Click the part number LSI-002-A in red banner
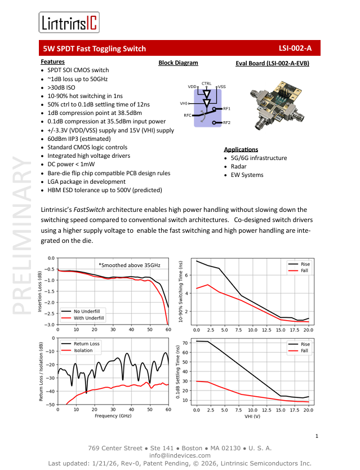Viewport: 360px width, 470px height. click(x=295, y=48)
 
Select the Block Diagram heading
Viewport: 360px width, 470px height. click(x=178, y=63)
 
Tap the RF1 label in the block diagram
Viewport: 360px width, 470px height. click(x=227, y=108)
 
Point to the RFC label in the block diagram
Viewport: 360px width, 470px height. click(x=187, y=115)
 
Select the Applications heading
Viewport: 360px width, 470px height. click(x=241, y=149)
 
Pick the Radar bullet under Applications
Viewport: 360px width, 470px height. click(x=239, y=167)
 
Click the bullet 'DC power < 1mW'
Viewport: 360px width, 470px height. click(x=75, y=164)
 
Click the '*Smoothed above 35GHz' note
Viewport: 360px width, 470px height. click(x=129, y=264)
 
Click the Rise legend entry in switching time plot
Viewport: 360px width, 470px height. click(x=305, y=264)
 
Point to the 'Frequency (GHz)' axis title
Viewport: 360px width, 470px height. click(x=113, y=415)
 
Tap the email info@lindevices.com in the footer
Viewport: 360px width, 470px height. click(x=180, y=455)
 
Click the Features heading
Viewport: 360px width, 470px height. click(x=52, y=61)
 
